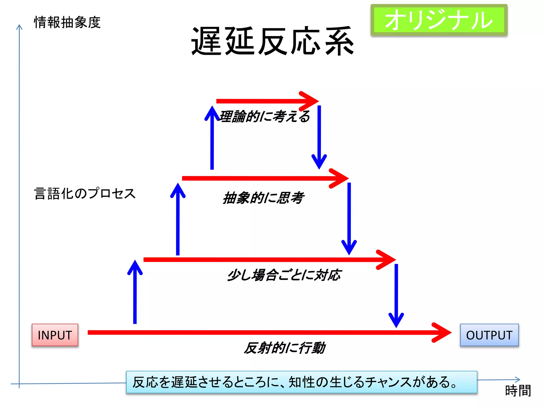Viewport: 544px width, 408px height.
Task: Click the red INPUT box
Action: pyautogui.click(x=55, y=335)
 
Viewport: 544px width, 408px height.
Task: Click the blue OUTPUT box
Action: pyautogui.click(x=489, y=335)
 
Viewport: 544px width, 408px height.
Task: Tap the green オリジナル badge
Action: pyautogui.click(x=439, y=20)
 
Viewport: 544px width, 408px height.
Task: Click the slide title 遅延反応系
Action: pyautogui.click(x=273, y=41)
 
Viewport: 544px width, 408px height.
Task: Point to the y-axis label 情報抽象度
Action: pyautogui.click(x=67, y=22)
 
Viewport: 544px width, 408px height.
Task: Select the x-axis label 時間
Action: pyautogui.click(x=518, y=391)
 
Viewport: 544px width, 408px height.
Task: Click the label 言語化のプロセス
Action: pyautogui.click(x=85, y=193)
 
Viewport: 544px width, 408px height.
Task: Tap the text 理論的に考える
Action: pyautogui.click(x=265, y=116)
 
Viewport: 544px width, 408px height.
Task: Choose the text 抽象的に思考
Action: pyautogui.click(x=263, y=198)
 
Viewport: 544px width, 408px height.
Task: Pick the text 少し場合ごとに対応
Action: pyautogui.click(x=284, y=275)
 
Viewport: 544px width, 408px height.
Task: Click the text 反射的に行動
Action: pyautogui.click(x=284, y=348)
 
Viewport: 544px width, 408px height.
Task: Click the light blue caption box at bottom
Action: pyautogui.click(x=301, y=382)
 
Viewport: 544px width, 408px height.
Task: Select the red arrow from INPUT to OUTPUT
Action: pyautogui.click(x=266, y=333)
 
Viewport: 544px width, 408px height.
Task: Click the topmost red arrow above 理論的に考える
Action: pyautogui.click(x=266, y=101)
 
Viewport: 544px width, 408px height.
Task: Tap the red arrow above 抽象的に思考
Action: pyautogui.click(x=263, y=178)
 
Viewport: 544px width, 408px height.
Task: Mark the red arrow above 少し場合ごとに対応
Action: pyautogui.click(x=266, y=260)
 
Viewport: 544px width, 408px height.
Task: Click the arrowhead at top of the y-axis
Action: pyautogui.click(x=19, y=27)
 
